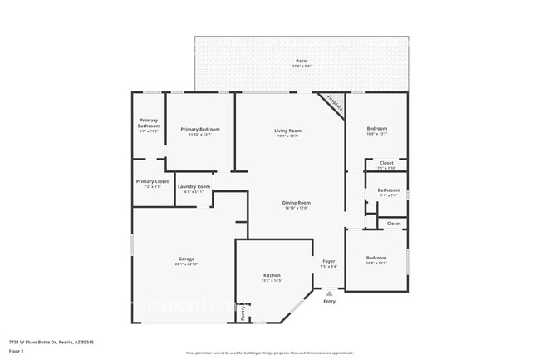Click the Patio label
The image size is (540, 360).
pos(301,61)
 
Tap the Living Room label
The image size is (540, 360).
pos(287,130)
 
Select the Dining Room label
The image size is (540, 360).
pos(296,202)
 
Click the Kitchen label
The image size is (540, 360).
pos(272,275)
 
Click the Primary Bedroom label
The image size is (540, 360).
pos(200,129)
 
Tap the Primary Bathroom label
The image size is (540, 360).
pos(149,122)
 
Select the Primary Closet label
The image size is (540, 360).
pos(152,181)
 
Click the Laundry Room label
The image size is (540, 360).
pos(194,186)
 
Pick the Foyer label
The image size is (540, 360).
pos(329,261)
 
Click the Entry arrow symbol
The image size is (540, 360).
pos(330,293)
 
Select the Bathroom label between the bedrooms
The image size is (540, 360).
pos(388,190)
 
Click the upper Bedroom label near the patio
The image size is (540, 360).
pos(377,128)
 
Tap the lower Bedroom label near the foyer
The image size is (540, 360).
pos(376,258)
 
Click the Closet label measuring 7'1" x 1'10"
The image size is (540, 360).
pos(386,163)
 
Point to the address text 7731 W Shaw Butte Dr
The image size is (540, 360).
pos(51,342)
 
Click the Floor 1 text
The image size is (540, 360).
pos(17,352)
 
